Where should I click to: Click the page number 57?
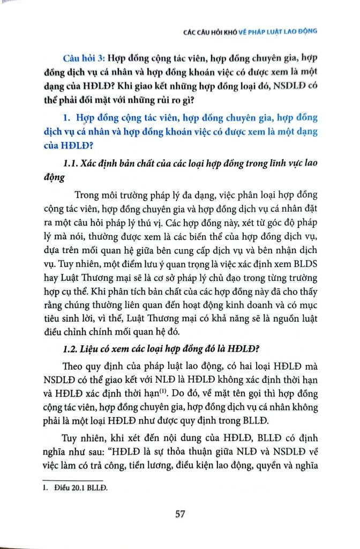179,514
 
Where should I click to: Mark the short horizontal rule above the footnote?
72,480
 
